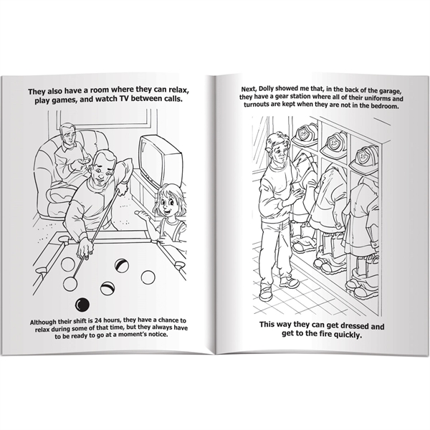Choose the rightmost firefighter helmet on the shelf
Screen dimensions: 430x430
(364, 156)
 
